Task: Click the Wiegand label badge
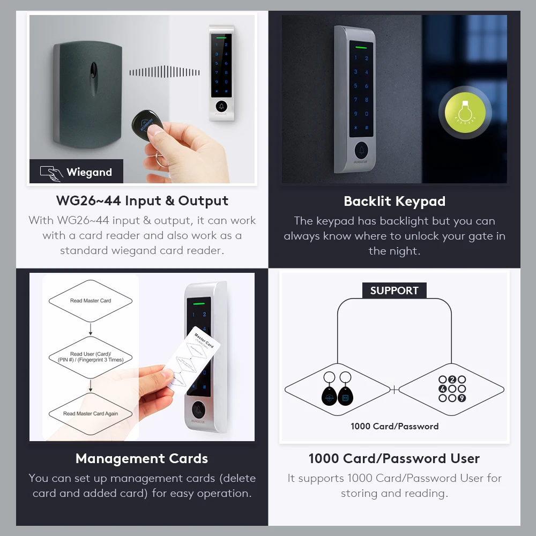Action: (x=76, y=172)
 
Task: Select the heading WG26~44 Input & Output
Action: (x=142, y=201)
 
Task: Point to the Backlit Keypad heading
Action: (x=394, y=202)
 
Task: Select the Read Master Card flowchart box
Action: (x=91, y=301)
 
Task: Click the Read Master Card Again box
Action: (x=91, y=413)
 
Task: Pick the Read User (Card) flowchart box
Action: (x=91, y=357)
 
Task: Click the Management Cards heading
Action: (x=142, y=459)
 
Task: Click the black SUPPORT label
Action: (x=394, y=291)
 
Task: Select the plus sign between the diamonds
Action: (x=394, y=390)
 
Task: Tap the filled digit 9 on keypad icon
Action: (x=461, y=398)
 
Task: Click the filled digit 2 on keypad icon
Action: (x=452, y=380)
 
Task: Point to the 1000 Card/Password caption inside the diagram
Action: (x=394, y=427)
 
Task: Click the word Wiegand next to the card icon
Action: (x=89, y=172)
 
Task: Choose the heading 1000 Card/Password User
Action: (x=394, y=459)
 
